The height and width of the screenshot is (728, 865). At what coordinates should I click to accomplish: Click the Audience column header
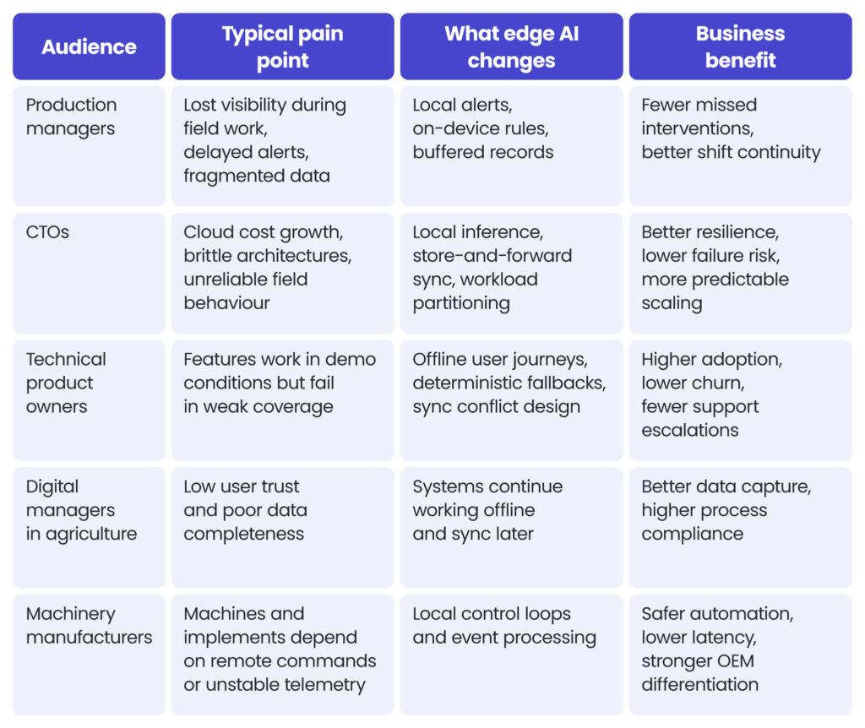click(89, 47)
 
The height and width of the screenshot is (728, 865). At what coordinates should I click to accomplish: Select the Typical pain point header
click(282, 47)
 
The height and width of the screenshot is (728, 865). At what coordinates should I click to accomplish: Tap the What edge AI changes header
click(511, 47)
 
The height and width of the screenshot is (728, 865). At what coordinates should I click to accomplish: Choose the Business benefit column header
click(740, 47)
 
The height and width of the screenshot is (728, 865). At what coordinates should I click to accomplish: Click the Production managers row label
click(71, 117)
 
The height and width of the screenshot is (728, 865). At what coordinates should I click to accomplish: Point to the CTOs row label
click(47, 232)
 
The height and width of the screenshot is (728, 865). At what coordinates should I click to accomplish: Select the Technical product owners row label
click(66, 383)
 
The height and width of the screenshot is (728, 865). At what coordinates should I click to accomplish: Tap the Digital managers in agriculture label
click(81, 510)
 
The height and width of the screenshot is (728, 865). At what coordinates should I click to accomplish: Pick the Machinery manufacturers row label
click(89, 626)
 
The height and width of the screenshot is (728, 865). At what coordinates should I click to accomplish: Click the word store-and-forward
click(492, 256)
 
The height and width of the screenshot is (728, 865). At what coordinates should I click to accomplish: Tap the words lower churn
click(693, 383)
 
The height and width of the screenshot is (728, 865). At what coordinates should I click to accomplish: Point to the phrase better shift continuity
click(731, 152)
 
